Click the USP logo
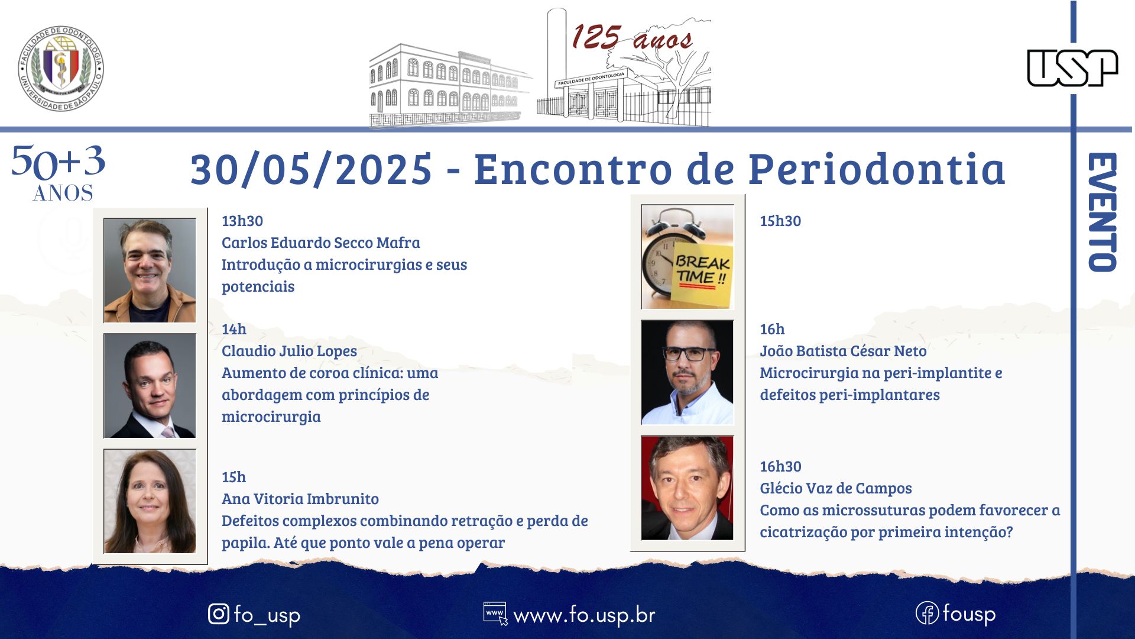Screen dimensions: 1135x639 [1072, 68]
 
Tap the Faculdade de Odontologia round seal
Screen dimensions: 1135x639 [61, 68]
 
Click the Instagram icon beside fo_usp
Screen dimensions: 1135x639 [219, 614]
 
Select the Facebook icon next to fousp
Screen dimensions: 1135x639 [927, 613]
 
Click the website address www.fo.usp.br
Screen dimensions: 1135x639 [584, 615]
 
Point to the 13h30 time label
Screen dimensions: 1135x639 [242, 221]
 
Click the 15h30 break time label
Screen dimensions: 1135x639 [780, 221]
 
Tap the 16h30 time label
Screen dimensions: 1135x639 [780, 466]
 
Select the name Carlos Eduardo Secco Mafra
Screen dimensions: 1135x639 [321, 243]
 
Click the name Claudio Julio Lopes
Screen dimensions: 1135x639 [289, 351]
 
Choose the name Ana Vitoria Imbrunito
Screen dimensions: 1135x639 [300, 499]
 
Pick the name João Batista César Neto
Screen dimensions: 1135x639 [843, 351]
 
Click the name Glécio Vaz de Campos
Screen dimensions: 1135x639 [836, 488]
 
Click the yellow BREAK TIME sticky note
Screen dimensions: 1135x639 [702, 274]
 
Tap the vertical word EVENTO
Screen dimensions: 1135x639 [1102, 212]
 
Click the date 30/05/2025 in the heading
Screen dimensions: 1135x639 [312, 169]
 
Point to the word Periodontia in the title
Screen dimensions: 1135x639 [877, 169]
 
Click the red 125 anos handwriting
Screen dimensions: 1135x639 [632, 37]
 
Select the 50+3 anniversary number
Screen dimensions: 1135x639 [59, 162]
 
